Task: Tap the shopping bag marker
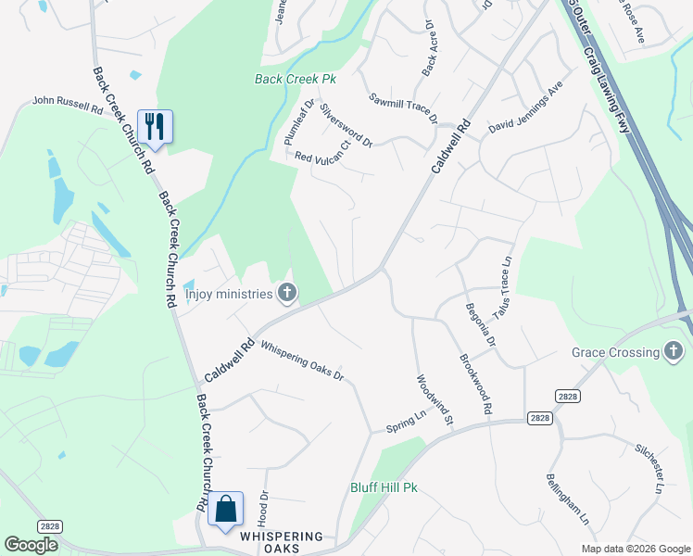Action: [225, 509]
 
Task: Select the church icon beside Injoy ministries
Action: [287, 294]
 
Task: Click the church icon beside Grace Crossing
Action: [674, 352]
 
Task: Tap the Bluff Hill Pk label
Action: [384, 487]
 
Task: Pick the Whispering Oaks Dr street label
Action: [302, 361]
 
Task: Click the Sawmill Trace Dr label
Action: [403, 108]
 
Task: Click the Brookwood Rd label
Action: [475, 383]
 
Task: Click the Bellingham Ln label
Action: [567, 501]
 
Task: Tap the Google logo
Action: [31, 546]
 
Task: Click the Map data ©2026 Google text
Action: [635, 549]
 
